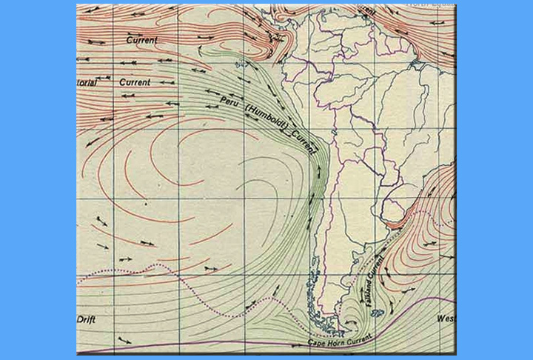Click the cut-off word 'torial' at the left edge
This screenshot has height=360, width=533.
point(87,84)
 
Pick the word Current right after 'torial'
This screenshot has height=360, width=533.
point(134,81)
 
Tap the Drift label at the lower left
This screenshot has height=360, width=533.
point(87,319)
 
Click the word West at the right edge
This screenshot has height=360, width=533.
point(446,319)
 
